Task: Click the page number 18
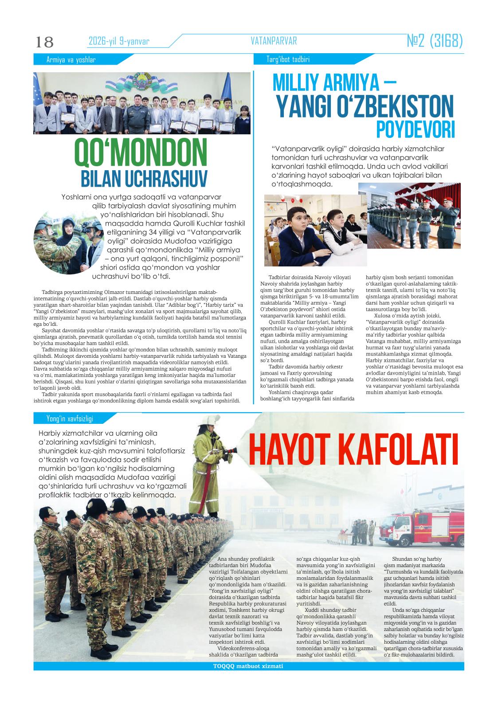44,42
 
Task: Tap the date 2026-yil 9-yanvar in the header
119,42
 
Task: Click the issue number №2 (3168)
435,41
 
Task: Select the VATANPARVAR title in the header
274,41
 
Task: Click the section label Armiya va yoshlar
71,60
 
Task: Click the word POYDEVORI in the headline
416,129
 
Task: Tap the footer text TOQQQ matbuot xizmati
248,666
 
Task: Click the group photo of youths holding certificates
142,103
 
